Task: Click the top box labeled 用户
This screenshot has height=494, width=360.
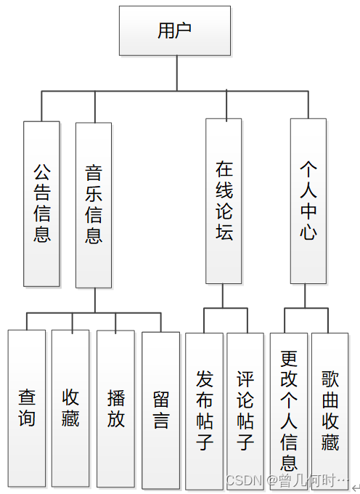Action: point(176,31)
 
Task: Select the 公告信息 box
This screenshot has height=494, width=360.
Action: point(41,203)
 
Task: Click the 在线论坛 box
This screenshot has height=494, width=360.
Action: point(224,201)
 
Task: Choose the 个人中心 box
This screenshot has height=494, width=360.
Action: point(308,201)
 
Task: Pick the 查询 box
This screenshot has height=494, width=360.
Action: point(27,408)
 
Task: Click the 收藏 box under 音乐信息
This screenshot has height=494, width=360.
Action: point(70,408)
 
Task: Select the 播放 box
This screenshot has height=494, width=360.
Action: point(115,408)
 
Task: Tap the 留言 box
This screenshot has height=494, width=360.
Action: point(160,410)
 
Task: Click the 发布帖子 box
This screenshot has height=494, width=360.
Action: point(204,410)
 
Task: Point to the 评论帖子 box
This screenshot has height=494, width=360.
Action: point(245,410)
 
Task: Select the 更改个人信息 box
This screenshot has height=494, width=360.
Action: point(289,410)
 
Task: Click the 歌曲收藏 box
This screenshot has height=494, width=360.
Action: point(330,410)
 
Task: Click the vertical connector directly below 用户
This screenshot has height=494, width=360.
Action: point(176,73)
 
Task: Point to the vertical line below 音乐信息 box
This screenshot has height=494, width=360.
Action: point(94,300)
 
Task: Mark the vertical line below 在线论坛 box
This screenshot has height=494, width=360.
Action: point(224,296)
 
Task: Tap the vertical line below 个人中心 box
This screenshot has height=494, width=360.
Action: point(306,296)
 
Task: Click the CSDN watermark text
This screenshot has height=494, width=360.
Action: point(287,480)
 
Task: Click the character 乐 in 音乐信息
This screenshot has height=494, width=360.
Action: point(94,194)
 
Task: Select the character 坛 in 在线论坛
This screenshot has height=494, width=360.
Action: point(224,232)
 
